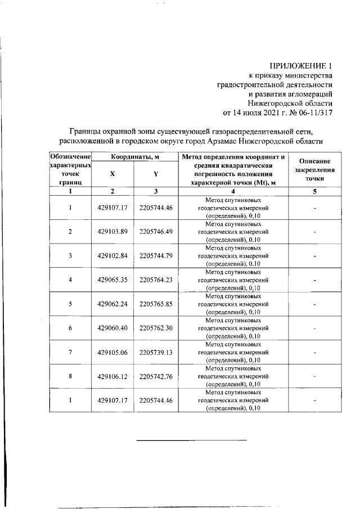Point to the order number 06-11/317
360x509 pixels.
314,111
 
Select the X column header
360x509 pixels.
112,174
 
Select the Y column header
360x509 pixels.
155,174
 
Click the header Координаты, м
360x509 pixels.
133,156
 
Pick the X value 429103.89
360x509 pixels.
113,232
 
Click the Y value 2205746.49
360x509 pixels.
155,232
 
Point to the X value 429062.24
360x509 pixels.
113,304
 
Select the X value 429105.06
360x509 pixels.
113,353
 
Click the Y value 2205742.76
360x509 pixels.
155,377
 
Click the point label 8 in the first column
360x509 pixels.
70,377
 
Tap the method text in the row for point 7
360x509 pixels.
233,352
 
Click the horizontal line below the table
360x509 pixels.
192,440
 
